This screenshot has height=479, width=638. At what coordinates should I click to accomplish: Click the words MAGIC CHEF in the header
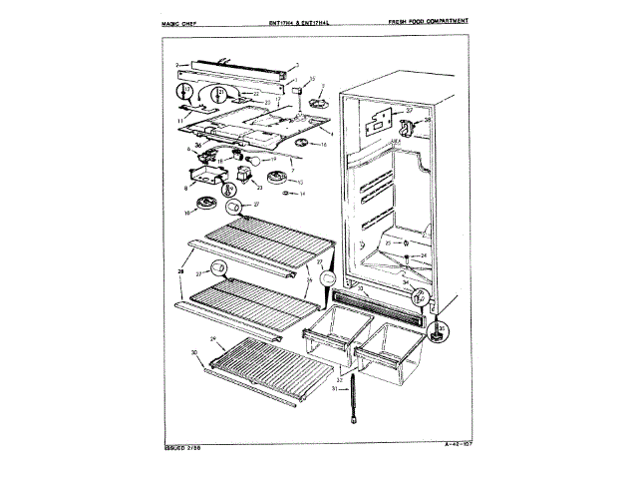click(x=176, y=20)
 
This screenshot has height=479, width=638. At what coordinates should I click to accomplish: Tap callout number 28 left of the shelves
click(x=181, y=269)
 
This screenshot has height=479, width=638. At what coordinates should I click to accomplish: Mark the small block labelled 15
click(x=297, y=90)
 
